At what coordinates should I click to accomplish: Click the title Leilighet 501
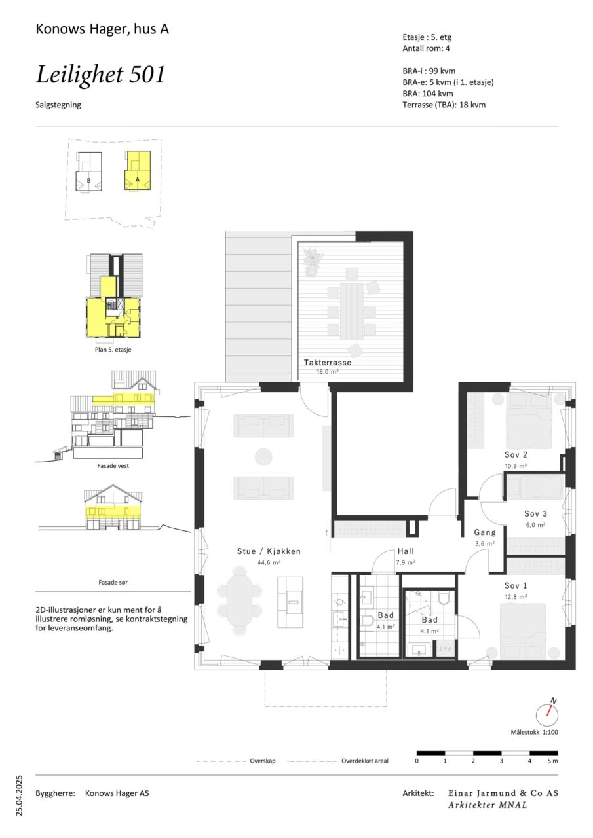tap(100, 75)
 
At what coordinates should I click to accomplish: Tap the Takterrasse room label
tap(328, 363)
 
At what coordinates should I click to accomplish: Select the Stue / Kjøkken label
tap(269, 551)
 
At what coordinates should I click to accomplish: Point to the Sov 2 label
tap(516, 455)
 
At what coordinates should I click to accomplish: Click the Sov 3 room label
tap(536, 514)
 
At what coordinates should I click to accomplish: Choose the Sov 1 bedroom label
tap(516, 586)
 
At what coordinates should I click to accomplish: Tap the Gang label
tap(485, 532)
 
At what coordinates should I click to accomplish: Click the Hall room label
tap(406, 551)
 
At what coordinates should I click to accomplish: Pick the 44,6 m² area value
tap(269, 562)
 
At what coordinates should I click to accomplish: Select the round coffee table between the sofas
tap(263, 457)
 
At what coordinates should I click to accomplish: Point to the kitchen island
tap(290, 602)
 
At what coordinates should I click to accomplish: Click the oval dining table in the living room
tap(240, 601)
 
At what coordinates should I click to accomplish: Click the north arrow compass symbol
tap(547, 713)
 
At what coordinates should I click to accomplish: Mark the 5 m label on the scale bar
tap(552, 761)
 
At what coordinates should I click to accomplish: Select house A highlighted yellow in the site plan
tap(138, 171)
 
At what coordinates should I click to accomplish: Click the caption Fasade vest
tap(113, 466)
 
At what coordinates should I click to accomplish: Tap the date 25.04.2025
tap(19, 795)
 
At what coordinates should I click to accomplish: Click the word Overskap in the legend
tap(263, 761)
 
